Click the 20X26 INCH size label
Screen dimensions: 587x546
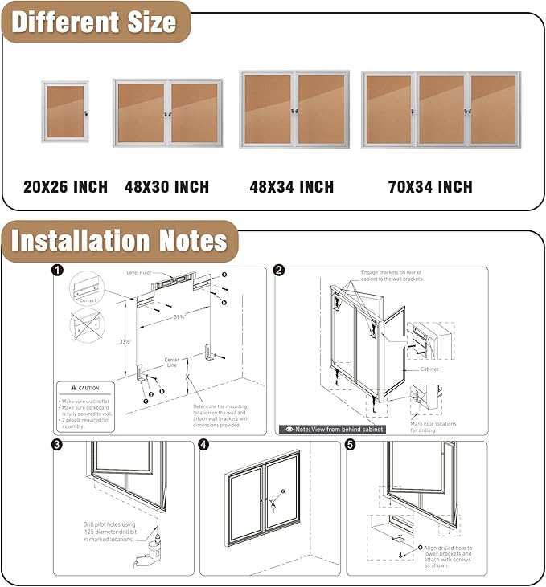pos(65,187)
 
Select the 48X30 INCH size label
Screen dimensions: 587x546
pos(166,187)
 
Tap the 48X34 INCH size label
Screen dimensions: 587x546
pos(291,187)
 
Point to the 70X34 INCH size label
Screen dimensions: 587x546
pos(430,187)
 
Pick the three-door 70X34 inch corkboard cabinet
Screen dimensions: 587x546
pos(441,109)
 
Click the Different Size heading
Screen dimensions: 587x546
pos(94,22)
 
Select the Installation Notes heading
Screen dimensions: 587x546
pos(119,241)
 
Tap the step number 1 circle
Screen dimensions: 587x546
pos(58,271)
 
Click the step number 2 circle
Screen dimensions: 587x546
pos(279,271)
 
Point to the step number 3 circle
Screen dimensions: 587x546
pos(58,445)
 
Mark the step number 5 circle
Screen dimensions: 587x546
pos(351,445)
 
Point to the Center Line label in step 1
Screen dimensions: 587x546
pos(171,362)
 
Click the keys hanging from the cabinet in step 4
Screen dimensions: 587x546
pos(273,506)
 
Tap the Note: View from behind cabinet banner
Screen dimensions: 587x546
pos(332,429)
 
